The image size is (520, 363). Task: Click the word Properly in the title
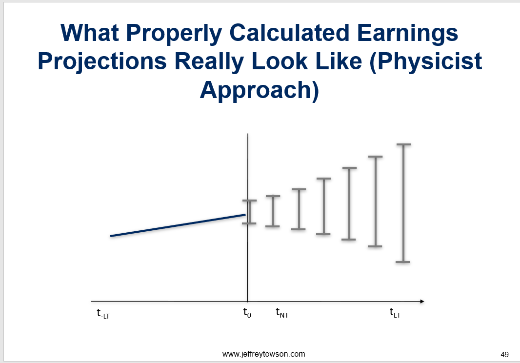174,34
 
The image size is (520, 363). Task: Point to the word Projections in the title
102,62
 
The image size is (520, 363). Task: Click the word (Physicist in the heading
426,62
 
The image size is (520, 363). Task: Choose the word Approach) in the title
260,91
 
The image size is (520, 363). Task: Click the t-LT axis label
103,314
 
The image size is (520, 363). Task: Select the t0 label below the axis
247,313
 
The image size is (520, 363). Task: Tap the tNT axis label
282,313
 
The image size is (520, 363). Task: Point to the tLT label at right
395,313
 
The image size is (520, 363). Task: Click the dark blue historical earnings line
178,225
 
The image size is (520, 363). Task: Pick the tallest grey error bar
403,203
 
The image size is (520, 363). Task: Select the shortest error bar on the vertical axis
249,212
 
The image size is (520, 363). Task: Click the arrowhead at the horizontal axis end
422,302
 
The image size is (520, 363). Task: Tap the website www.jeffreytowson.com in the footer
263,354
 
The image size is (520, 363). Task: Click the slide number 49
504,355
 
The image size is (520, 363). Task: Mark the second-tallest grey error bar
376,202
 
